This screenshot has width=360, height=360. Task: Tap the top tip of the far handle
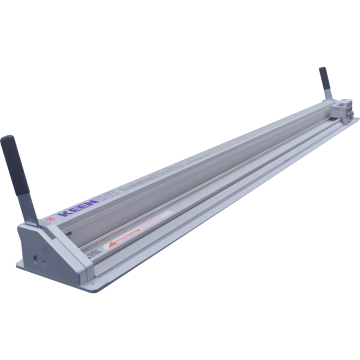323,70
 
